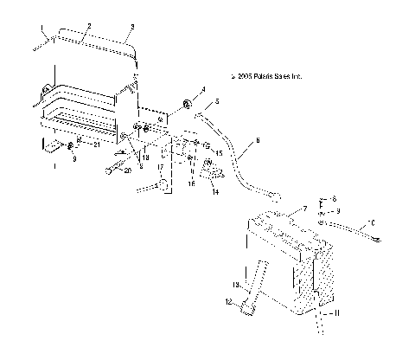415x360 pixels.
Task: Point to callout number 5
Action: [x=217, y=102]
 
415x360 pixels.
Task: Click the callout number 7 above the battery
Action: [x=303, y=210]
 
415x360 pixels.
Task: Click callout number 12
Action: [x=229, y=302]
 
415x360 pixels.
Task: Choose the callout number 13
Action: [x=235, y=284]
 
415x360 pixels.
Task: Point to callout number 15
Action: [x=220, y=153]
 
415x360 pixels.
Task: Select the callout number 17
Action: [x=160, y=167]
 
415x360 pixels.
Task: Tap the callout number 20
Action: [x=128, y=170]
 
